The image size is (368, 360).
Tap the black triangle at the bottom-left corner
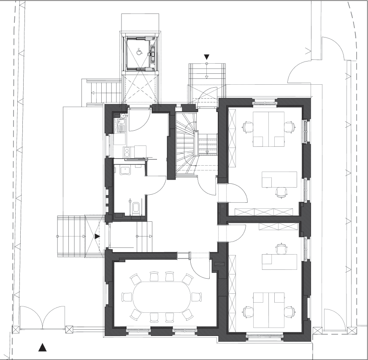42,347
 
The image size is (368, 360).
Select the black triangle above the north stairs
207,56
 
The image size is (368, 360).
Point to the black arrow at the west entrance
97,236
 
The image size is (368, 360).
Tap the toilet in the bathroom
135,208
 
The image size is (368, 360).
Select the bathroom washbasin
125,170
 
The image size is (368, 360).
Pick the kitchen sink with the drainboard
120,125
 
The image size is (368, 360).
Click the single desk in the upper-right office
279,179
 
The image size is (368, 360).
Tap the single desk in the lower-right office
279,262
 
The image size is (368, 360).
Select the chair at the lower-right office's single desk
281,249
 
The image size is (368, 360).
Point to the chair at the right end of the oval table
196,297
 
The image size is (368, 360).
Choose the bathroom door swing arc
155,185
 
